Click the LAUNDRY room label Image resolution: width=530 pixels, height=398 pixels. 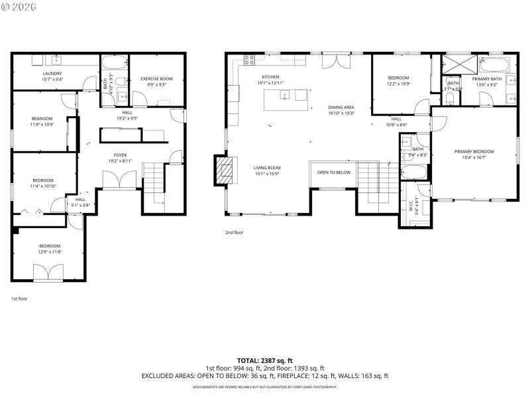[52, 73]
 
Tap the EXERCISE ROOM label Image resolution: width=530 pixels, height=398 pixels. [156, 79]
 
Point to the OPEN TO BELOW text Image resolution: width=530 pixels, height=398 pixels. [333, 172]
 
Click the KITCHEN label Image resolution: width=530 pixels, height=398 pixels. [270, 77]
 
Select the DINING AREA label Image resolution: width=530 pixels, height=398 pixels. [341, 107]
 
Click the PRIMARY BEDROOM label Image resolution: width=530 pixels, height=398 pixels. [474, 152]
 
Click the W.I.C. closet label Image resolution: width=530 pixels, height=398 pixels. [411, 206]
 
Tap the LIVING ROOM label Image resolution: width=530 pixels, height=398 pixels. [267, 168]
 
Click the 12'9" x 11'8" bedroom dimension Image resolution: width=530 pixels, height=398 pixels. [49, 252]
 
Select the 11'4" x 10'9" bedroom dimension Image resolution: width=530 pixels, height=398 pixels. [42, 125]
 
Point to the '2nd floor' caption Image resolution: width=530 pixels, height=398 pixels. [235, 233]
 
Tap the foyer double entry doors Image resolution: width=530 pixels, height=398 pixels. [120, 180]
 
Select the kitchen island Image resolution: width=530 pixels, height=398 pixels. [286, 100]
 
